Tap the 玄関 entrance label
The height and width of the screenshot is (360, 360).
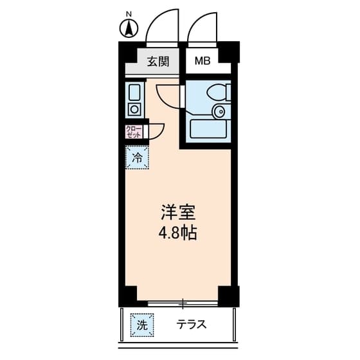tap(157, 62)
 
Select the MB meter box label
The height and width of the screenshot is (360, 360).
tap(203, 62)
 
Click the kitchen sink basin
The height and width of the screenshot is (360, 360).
tap(134, 92)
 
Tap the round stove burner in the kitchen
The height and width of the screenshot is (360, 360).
tap(134, 109)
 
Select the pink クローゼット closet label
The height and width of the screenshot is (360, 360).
tap(134, 132)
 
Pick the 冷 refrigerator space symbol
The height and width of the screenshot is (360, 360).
tap(137, 157)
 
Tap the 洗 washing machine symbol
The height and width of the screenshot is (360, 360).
tap(141, 325)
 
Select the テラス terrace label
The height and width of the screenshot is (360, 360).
tap(192, 325)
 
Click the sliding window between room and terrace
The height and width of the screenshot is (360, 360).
tap(183, 301)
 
